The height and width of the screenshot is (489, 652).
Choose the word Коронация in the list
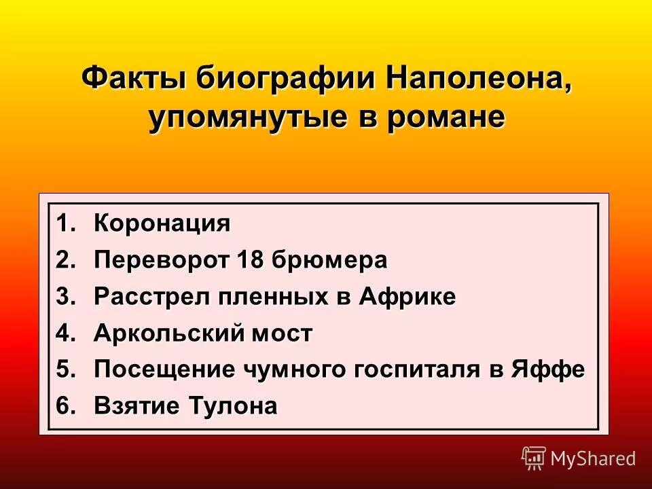point(162,223)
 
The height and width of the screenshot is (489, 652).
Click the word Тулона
point(241,407)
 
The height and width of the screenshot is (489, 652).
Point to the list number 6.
point(65,407)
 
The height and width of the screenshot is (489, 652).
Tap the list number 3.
point(65,297)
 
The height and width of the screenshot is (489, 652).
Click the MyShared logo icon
point(534,458)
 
